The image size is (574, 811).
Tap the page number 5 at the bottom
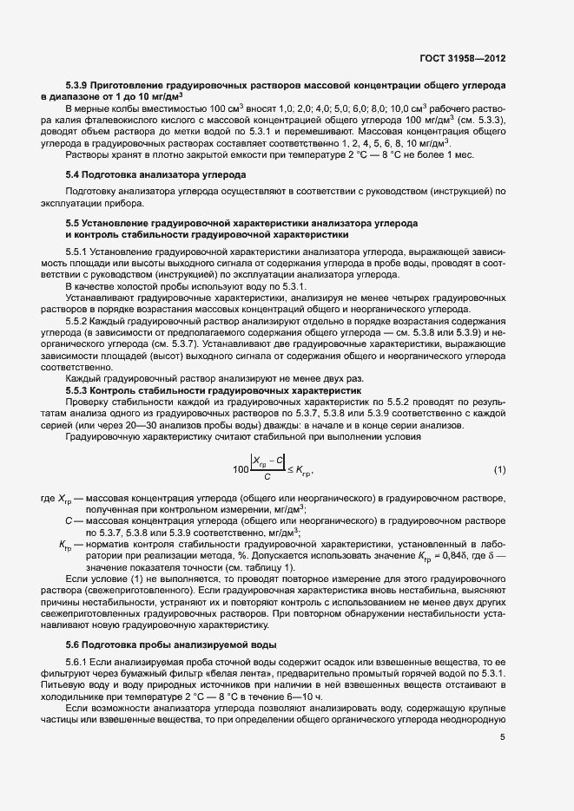[x=502, y=737]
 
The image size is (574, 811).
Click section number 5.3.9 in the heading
[x=81, y=88]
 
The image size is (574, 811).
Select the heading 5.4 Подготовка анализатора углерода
[x=155, y=174]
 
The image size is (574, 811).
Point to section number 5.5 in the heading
[x=73, y=224]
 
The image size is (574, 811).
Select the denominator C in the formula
[x=267, y=478]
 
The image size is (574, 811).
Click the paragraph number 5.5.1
[x=77, y=251]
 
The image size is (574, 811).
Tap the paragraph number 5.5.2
[x=77, y=321]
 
